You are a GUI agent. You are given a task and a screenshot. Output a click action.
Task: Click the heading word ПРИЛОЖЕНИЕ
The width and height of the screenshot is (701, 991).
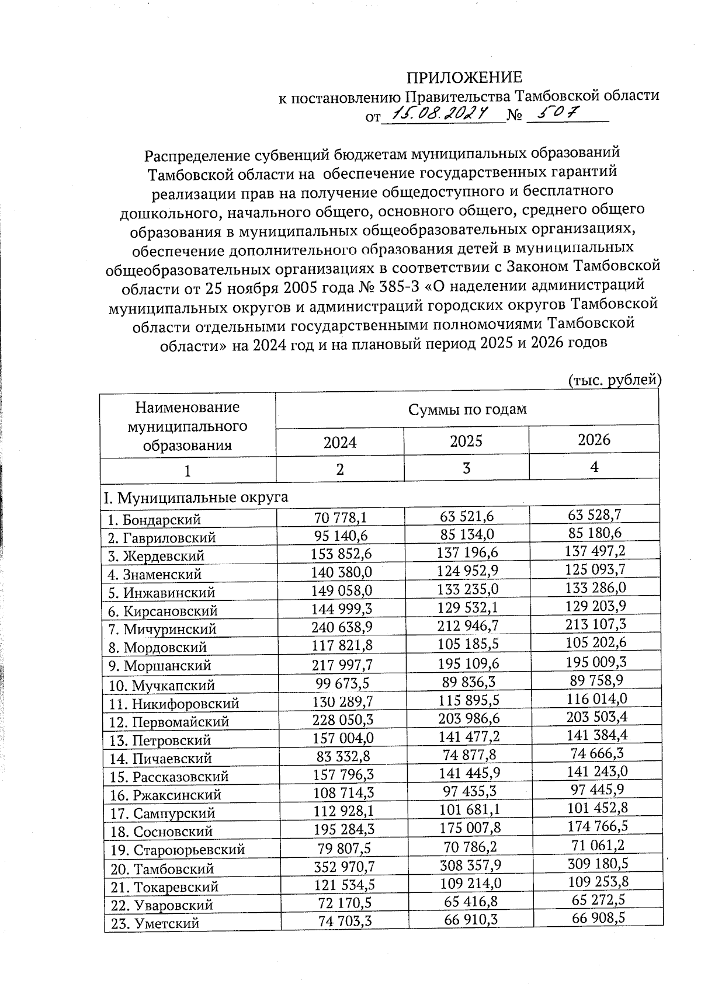point(464,78)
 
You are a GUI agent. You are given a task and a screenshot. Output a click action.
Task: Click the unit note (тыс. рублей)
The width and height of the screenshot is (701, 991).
point(614,381)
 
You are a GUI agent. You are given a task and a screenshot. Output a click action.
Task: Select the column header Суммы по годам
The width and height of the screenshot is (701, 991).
point(467,409)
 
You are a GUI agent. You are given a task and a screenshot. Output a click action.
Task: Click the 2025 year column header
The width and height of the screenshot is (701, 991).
point(466,441)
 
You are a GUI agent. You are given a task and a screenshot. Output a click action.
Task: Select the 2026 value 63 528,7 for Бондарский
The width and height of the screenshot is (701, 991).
point(594,515)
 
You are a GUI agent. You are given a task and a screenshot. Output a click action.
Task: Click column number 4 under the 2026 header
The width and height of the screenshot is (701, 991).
point(594,467)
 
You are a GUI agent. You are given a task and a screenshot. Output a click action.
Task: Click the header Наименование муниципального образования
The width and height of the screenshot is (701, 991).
point(187,426)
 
